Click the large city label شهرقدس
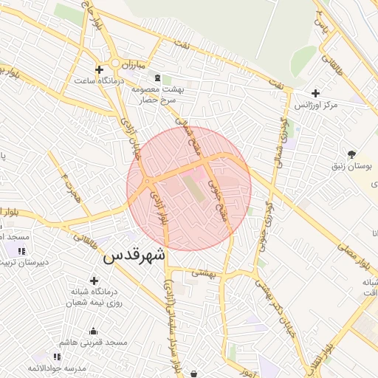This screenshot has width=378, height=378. tap(136, 255)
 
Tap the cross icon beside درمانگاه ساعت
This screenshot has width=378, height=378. tap(99, 69)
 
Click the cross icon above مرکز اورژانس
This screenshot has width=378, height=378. tap(316, 94)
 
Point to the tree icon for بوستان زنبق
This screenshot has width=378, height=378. tap(351, 155)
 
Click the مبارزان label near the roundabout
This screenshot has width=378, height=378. tap(134, 65)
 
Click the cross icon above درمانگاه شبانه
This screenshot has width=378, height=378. tap(94, 281)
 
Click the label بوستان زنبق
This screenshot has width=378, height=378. tap(351, 168)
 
